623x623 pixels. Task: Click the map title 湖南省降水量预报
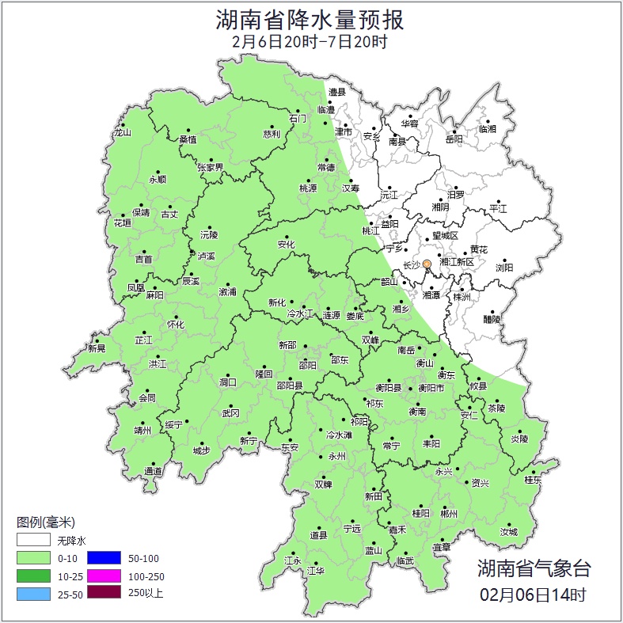click(310, 18)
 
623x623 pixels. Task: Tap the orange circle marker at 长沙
click(427, 264)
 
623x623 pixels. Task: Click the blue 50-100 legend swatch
click(103, 558)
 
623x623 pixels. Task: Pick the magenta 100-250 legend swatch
click(103, 576)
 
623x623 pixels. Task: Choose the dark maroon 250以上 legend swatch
click(103, 592)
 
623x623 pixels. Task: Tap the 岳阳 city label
click(454, 140)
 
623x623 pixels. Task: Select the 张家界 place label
click(211, 168)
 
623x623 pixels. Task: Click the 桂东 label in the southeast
click(533, 480)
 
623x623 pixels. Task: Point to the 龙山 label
click(121, 133)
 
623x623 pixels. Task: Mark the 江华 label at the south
click(316, 570)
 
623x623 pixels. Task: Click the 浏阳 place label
click(504, 268)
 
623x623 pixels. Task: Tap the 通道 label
click(153, 472)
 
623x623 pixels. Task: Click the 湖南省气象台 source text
click(533, 568)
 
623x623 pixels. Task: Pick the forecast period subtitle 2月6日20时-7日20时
click(310, 42)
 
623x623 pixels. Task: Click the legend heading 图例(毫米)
click(45, 522)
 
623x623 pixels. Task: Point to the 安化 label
click(286, 245)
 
